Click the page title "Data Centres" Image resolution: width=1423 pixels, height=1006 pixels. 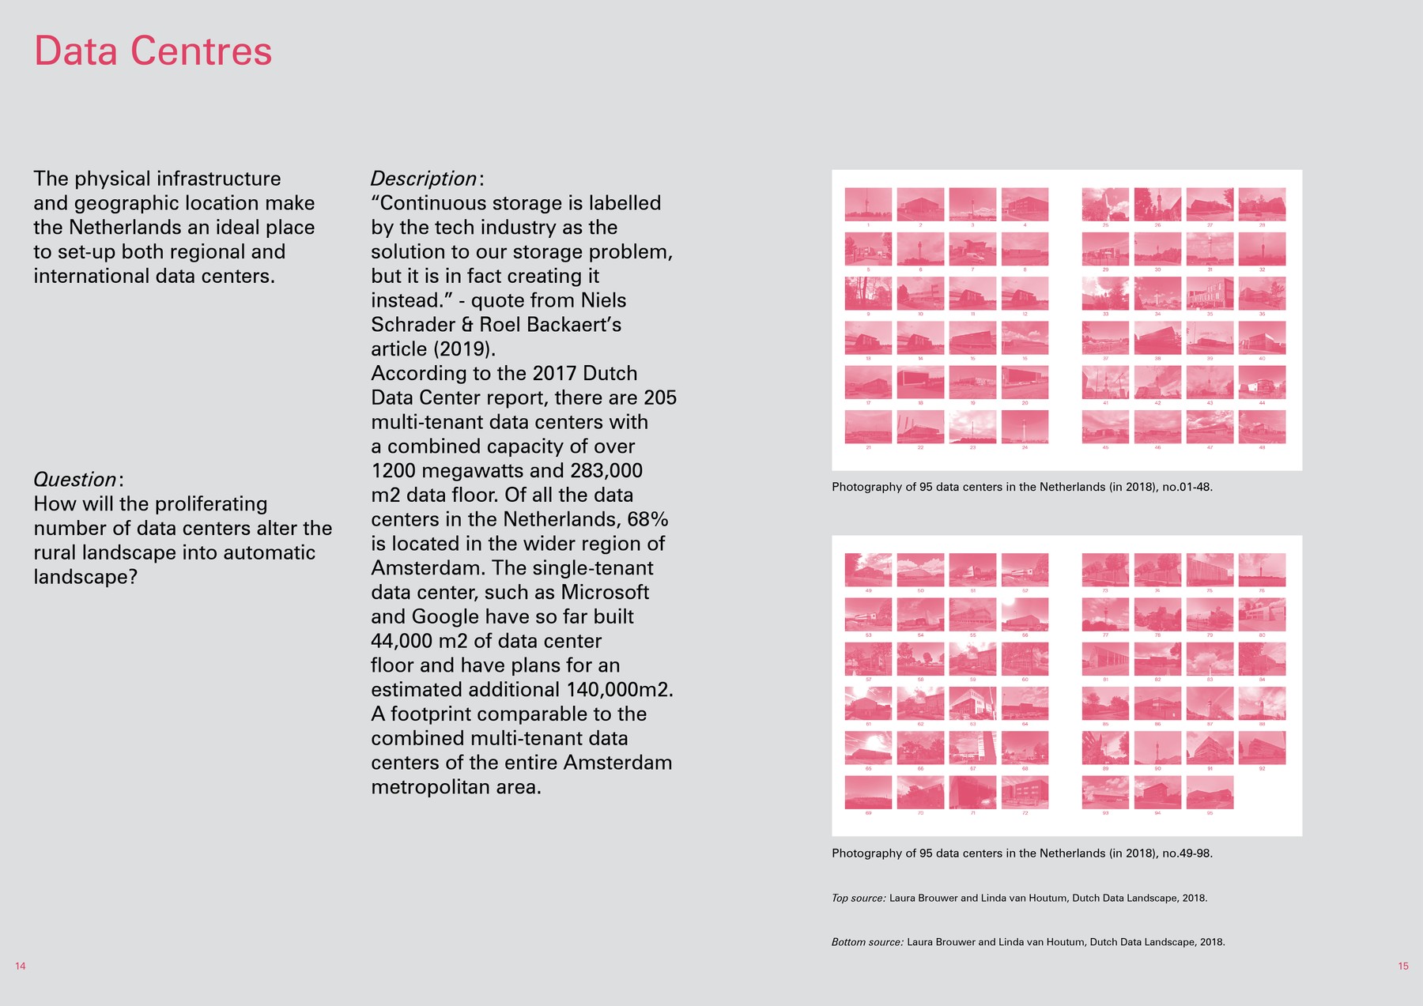[x=153, y=51]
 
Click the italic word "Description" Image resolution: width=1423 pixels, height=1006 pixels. [x=424, y=179]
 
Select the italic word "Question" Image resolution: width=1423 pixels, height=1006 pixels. [x=75, y=480]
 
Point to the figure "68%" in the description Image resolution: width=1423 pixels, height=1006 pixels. [x=647, y=519]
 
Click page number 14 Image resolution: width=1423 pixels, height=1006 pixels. [x=21, y=966]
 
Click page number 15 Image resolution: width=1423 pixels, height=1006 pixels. [x=1402, y=966]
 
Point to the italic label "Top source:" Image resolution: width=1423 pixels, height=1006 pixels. [x=859, y=899]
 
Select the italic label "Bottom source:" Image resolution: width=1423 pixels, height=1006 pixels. [x=867, y=942]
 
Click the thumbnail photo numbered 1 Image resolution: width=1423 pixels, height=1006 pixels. [x=868, y=204]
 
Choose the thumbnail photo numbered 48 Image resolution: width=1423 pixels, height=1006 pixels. [x=1262, y=427]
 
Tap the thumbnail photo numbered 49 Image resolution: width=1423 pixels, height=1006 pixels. [x=868, y=570]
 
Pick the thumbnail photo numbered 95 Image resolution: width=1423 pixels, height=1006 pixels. [x=1210, y=792]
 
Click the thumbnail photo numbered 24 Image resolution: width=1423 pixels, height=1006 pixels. [x=1025, y=427]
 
